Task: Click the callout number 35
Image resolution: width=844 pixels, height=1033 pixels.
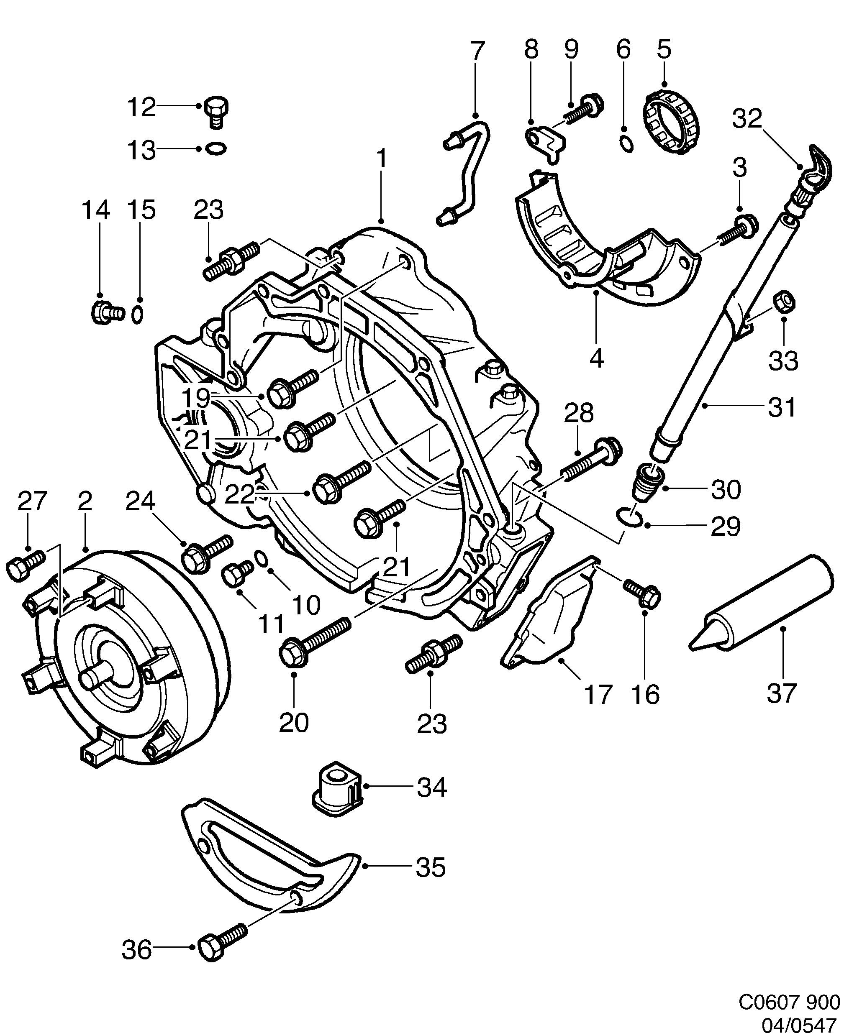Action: [x=431, y=867]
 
